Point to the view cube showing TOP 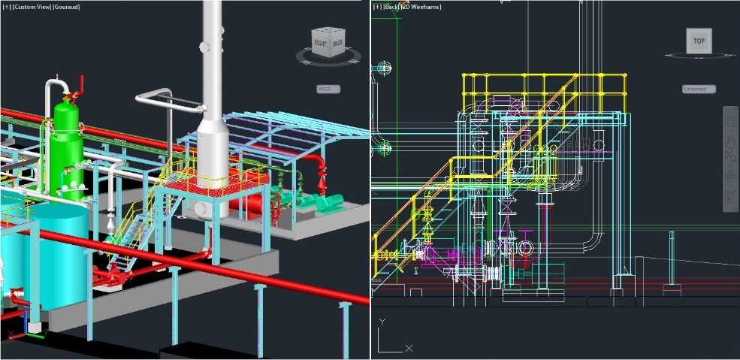699,41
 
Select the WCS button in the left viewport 328,89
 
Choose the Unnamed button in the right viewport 698,89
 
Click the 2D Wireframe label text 423,7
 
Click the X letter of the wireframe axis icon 409,348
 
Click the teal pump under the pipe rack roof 329,201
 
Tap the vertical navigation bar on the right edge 730,158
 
